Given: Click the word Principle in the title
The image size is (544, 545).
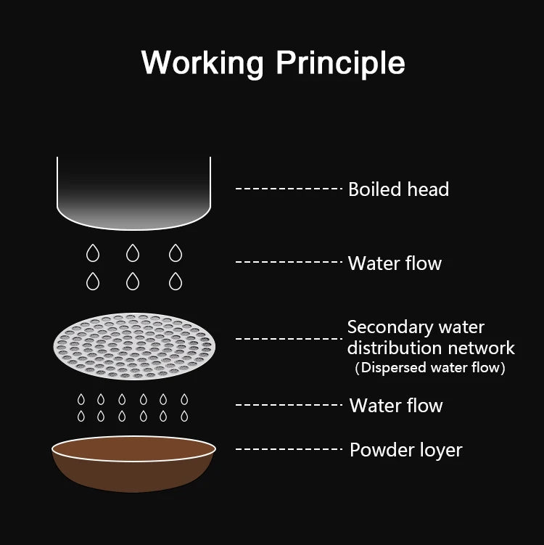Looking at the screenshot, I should click(x=340, y=62).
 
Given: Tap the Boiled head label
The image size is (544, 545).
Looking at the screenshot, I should click(x=398, y=189).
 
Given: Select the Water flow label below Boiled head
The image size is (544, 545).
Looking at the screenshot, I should click(x=395, y=263).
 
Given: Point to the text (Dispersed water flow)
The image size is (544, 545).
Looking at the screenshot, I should click(x=429, y=368).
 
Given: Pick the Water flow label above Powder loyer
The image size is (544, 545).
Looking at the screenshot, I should click(x=396, y=405).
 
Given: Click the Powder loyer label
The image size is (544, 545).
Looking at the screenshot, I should click(x=405, y=450).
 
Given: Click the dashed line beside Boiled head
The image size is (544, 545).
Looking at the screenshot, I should click(x=288, y=189).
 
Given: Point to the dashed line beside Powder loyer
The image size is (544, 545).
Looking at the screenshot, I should click(x=288, y=449).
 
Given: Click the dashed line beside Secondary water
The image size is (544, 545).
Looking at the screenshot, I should click(x=288, y=338).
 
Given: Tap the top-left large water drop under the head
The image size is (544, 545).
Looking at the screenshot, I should click(x=93, y=253).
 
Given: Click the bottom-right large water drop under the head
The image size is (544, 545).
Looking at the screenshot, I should click(x=175, y=280).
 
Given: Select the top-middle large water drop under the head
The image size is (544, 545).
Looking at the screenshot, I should click(x=133, y=253).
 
